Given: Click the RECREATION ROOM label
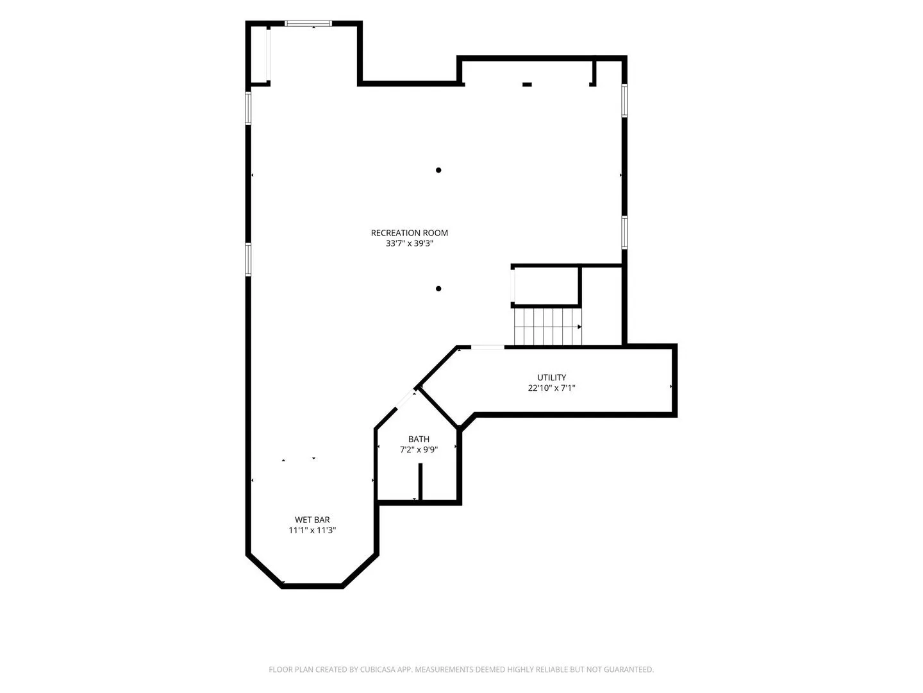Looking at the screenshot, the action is tap(409, 233).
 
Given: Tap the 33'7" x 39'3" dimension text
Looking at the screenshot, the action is tap(409, 243).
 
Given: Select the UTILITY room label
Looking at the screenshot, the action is tap(551, 377).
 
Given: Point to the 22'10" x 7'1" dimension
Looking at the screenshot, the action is tap(551, 388).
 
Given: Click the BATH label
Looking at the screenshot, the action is tap(419, 439).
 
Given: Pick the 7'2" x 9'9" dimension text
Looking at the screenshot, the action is tap(419, 449).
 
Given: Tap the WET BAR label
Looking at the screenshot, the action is tap(312, 520).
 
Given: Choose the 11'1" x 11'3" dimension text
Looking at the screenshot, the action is tap(312, 530).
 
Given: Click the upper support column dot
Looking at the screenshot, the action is tap(438, 170).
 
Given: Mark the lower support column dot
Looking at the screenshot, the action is tap(438, 289).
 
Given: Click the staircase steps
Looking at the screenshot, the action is tap(547, 327).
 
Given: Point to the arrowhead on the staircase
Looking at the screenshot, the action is tap(579, 327).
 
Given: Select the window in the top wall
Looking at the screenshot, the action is tap(308, 24).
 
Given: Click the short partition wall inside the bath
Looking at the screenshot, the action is tap(420, 481).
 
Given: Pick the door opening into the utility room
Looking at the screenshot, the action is tap(487, 347).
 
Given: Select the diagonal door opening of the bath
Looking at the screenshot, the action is tap(405, 399).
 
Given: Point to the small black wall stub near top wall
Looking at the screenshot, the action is tap(527, 85).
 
